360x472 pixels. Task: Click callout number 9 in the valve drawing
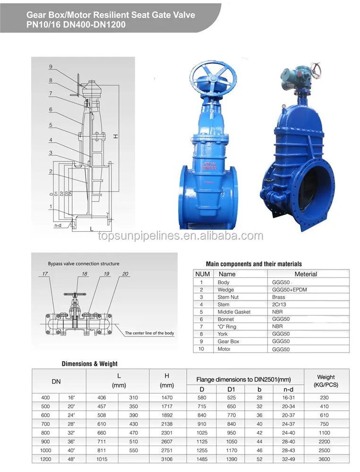[x=51, y=67]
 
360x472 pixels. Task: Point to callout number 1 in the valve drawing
[x=51, y=206]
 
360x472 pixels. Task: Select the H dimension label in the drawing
[x=115, y=136]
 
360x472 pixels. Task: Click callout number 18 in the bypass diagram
[x=85, y=274]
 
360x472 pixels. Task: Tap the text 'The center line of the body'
[x=149, y=333]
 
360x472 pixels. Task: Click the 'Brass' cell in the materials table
[x=279, y=297]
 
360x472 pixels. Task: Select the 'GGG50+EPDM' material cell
[x=289, y=289]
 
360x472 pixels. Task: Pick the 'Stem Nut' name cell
[x=228, y=297]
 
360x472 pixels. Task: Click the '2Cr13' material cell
[x=279, y=304]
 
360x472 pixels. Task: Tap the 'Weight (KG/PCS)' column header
[x=326, y=380]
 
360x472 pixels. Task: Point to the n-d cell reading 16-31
[x=288, y=398]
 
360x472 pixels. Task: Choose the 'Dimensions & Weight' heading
[x=90, y=363]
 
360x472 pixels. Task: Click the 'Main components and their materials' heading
[x=254, y=264]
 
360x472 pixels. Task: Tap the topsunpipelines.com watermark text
[x=180, y=236]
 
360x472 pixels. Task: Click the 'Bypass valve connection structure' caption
[x=84, y=264]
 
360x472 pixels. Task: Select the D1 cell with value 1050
[x=231, y=442]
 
